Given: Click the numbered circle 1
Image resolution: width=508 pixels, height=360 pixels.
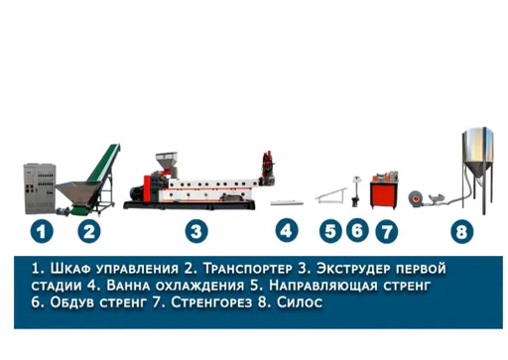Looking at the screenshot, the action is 42,231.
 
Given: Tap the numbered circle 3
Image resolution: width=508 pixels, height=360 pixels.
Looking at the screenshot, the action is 196,231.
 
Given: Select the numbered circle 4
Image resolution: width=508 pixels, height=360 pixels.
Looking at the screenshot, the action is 287,230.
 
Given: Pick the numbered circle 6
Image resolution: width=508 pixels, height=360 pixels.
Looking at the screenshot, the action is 357,230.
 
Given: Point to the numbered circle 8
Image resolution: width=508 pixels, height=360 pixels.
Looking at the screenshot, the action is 462,232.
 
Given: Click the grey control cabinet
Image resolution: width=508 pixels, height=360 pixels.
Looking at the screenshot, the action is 40,188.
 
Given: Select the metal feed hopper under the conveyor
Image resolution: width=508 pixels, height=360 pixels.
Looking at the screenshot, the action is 74,192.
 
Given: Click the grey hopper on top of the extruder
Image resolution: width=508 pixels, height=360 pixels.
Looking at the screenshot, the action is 167,162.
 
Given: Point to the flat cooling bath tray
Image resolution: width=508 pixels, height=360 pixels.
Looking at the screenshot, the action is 287,202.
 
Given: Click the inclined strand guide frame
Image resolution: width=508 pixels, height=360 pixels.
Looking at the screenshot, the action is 330,195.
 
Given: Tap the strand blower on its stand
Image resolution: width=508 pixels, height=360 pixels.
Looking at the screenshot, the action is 356,191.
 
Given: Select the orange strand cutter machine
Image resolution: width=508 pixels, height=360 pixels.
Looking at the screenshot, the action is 384,189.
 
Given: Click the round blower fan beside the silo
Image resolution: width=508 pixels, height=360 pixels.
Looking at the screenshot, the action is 416,198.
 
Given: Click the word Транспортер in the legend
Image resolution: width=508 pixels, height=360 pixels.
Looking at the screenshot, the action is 247,269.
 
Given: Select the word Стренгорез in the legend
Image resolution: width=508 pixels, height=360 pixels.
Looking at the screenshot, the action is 211,302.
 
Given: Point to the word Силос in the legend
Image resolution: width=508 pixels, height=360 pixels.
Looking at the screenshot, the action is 300,302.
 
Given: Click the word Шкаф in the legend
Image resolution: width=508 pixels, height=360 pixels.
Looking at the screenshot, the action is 70,269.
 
